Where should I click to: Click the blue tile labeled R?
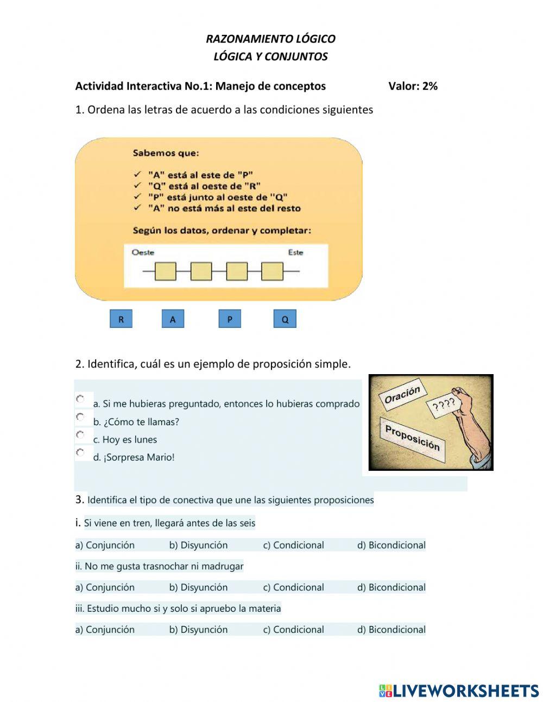tap(121, 319)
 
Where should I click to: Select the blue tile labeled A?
tap(173, 319)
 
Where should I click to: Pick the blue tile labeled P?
tap(230, 319)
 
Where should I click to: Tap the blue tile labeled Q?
tap(285, 319)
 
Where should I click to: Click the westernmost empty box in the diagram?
tap(165, 271)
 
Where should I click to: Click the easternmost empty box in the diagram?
tap(272, 271)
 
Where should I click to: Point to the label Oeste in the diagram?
tap(143, 252)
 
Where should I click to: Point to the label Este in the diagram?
tap(295, 252)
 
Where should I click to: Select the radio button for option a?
tap(80, 399)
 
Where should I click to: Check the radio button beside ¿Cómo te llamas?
tap(80, 417)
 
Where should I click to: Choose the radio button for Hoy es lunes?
tap(80, 434)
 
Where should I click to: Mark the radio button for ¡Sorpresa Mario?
tap(80, 452)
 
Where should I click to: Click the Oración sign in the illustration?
tap(402, 395)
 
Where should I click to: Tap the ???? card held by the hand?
tap(444, 405)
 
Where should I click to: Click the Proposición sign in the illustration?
tap(412, 437)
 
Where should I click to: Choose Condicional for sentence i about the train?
tap(293, 545)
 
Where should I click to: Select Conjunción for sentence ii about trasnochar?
tap(105, 587)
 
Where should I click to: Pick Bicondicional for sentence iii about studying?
tap(391, 630)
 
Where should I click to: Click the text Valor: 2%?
tap(413, 86)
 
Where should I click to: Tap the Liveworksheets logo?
tap(458, 691)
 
